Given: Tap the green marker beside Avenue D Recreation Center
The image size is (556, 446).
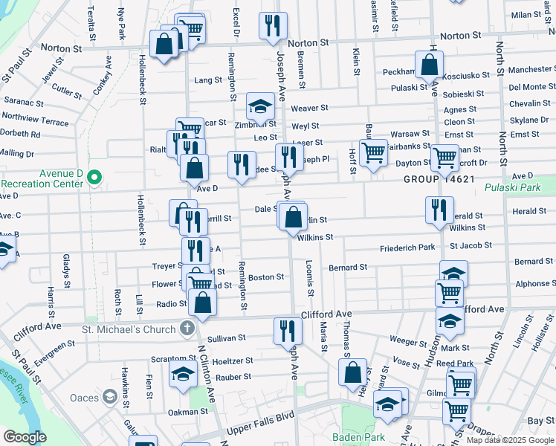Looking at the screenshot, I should pos(94,178).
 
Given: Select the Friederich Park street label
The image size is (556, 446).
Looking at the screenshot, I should pos(407,248).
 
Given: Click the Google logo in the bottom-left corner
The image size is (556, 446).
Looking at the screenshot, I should pos(25,437).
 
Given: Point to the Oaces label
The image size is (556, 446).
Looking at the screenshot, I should pos(85,398).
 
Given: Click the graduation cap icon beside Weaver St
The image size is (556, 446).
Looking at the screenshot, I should pos(261,109).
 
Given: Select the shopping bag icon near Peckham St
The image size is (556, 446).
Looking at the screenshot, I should pos(430,65).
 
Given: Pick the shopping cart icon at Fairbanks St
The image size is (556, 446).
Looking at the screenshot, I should pos(373,152).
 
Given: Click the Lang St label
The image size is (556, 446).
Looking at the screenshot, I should pos(207,80).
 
